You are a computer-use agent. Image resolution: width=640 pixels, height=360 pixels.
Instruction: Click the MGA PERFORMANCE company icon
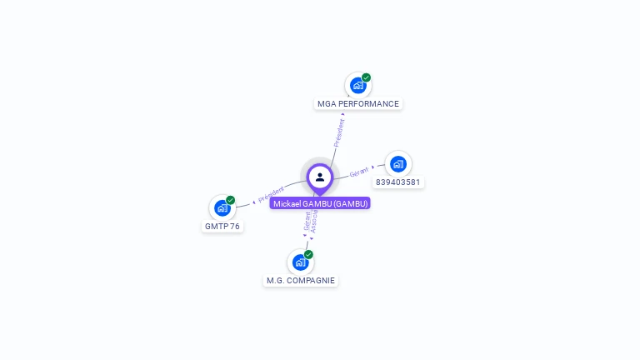357,85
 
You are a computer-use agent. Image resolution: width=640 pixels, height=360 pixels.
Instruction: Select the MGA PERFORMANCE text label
358,104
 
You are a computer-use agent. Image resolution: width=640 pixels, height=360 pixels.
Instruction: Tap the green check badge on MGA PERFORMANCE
366,77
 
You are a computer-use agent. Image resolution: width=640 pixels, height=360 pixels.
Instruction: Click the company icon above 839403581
397,164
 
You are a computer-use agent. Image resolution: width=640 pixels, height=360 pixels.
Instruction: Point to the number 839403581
399,182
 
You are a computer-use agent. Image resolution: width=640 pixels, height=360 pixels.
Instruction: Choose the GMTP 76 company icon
222,207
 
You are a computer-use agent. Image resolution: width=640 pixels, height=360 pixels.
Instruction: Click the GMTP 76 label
222,227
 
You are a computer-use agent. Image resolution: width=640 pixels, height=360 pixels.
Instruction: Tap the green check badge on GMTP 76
230,200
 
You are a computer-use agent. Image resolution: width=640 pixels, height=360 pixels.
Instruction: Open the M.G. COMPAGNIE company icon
300,262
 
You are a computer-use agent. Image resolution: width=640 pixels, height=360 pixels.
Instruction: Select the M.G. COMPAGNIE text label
301,281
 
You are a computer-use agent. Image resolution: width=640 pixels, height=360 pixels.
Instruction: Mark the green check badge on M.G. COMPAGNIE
308,254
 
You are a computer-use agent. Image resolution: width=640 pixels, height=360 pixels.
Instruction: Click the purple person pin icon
320,177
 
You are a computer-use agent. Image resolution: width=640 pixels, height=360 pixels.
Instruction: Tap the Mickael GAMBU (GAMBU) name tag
320,203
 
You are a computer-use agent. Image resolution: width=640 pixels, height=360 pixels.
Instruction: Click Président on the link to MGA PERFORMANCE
339,132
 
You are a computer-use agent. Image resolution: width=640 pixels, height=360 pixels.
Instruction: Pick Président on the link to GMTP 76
272,195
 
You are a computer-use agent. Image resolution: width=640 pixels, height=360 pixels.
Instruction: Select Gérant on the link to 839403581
359,172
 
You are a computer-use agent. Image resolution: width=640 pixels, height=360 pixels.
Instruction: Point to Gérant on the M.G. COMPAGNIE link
307,221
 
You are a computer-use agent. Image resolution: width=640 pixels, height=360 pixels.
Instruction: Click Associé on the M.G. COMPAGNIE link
314,220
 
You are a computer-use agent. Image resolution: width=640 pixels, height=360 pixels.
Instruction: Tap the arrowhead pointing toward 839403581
373,167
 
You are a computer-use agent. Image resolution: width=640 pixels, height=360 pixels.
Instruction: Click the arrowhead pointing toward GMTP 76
253,202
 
